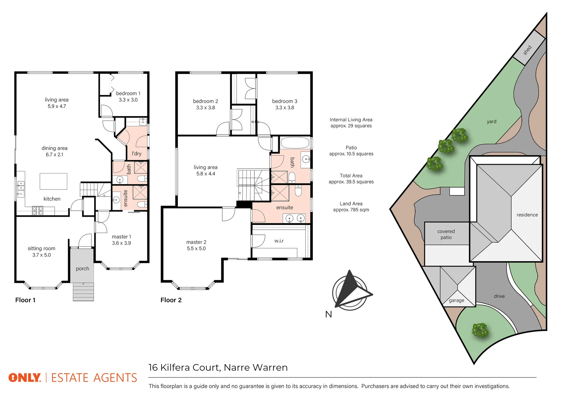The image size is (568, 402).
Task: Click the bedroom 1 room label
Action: click(x=128, y=93)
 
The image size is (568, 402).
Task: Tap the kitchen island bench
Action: click(x=54, y=181)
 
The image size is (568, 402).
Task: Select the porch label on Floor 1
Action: click(x=82, y=268)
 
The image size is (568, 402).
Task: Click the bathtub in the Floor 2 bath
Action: click(x=295, y=143)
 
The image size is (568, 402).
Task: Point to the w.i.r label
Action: click(x=279, y=241)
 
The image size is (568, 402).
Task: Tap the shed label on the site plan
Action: click(x=527, y=50)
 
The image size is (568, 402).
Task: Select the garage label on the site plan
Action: click(x=456, y=300)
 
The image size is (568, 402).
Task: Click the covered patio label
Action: click(x=446, y=234)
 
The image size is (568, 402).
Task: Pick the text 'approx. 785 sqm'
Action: click(x=351, y=210)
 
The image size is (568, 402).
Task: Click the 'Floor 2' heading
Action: click(x=171, y=300)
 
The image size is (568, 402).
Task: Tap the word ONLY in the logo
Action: click(x=25, y=378)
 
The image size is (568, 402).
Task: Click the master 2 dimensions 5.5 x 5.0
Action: click(x=196, y=249)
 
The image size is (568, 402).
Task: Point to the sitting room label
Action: click(x=41, y=248)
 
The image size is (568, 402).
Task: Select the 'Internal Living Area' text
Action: click(x=351, y=119)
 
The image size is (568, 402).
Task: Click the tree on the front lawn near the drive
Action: click(x=480, y=330)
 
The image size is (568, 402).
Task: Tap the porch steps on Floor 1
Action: click(x=83, y=292)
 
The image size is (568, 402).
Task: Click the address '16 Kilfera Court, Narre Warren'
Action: click(x=218, y=368)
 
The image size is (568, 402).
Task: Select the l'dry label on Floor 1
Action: click(x=137, y=153)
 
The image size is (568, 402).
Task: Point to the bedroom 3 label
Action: click(x=285, y=101)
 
